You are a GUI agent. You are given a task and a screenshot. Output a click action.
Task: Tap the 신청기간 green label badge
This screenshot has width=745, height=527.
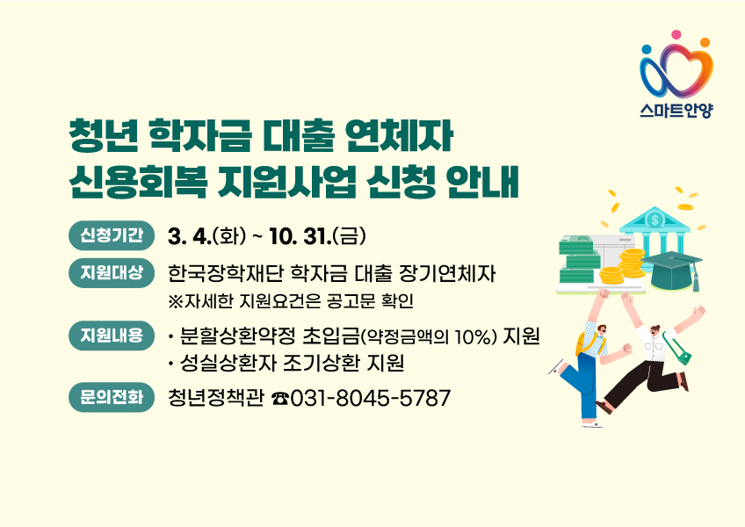tap(111, 235)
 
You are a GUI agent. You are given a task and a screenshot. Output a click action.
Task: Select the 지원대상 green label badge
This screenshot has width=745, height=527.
tap(111, 272)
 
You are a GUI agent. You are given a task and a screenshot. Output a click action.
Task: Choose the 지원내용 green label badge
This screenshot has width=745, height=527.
tap(111, 336)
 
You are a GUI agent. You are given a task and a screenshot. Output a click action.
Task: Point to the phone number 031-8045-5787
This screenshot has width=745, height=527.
tap(371, 399)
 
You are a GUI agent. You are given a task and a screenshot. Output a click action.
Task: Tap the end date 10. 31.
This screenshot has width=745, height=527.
tap(300, 236)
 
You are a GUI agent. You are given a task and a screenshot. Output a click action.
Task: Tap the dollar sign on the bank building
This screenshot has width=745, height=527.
tap(653, 220)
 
